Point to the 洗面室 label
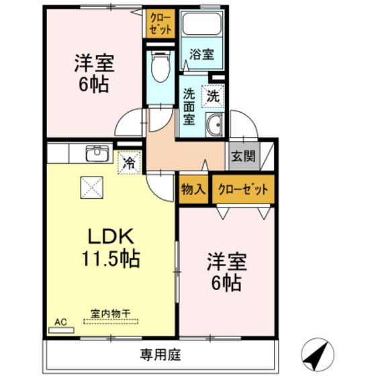[x=189, y=106]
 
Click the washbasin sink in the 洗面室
[x=215, y=124]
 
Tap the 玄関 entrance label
[x=242, y=156]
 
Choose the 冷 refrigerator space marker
[x=129, y=162]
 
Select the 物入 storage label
[x=193, y=190]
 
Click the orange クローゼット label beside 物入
[x=244, y=190]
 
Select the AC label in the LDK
[x=60, y=322]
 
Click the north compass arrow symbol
[x=321, y=352]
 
